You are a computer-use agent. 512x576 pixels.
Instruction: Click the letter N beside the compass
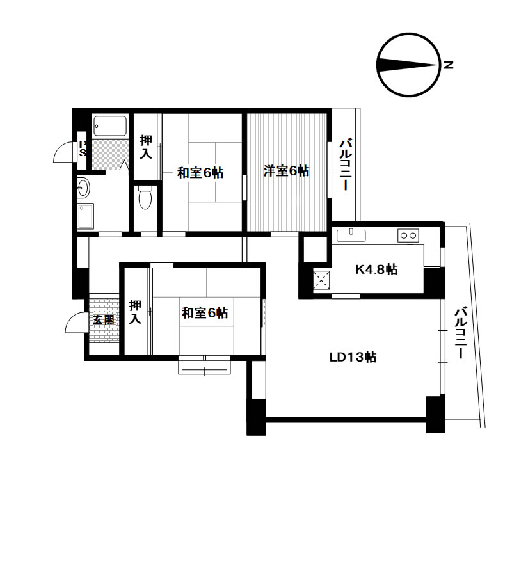click(449, 65)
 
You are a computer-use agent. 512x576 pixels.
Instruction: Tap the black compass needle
click(408, 65)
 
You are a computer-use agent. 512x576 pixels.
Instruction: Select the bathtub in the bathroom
click(110, 126)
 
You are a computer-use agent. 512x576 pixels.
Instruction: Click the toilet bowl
click(145, 198)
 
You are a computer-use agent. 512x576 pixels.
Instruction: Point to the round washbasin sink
click(83, 188)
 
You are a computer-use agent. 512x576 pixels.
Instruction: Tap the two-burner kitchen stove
click(408, 236)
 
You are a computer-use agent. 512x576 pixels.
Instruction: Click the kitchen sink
click(351, 235)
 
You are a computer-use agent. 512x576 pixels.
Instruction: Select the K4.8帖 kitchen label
click(376, 269)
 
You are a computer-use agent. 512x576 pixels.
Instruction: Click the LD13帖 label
click(353, 357)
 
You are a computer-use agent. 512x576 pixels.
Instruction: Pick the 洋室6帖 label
click(287, 171)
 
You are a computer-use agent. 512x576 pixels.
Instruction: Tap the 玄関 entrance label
click(104, 320)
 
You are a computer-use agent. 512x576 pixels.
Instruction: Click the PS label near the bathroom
click(83, 148)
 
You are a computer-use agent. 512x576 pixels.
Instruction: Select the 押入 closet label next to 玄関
click(135, 312)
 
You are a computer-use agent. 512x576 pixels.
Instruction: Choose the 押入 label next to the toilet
click(146, 147)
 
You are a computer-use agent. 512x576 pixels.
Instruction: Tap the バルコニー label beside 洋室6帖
click(346, 164)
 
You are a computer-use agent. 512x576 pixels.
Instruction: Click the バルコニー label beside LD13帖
click(461, 333)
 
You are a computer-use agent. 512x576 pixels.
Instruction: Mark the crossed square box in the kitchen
click(321, 280)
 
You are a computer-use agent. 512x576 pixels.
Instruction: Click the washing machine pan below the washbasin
click(86, 216)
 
